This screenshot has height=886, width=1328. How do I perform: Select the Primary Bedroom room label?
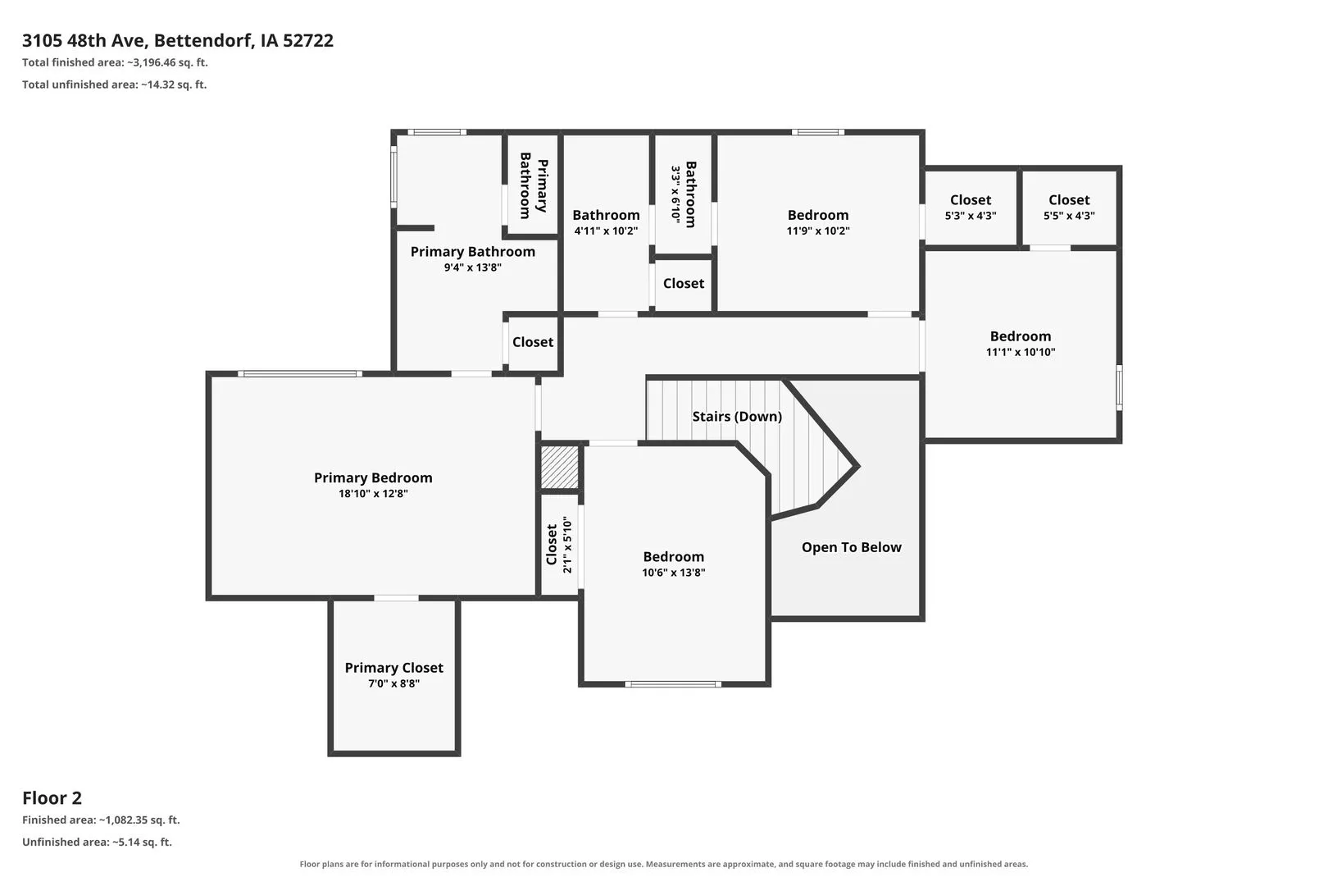click(x=373, y=477)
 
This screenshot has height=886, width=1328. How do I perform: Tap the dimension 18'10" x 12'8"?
click(x=373, y=494)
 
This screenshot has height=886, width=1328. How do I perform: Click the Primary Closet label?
click(x=393, y=668)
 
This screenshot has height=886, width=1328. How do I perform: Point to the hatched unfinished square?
click(x=559, y=467)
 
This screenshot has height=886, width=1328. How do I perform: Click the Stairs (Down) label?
click(x=737, y=417)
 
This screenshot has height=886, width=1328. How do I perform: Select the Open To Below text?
click(x=852, y=547)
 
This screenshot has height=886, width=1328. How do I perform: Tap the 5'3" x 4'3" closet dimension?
click(x=971, y=216)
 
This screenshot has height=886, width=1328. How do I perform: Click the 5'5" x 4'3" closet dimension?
click(x=1069, y=216)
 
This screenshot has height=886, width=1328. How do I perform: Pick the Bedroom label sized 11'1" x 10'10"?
click(x=1021, y=336)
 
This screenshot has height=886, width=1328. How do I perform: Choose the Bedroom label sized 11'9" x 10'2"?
click(x=817, y=215)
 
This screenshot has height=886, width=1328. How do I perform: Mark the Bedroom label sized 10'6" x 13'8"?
click(x=674, y=557)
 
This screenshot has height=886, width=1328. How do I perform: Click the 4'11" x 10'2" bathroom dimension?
click(x=606, y=231)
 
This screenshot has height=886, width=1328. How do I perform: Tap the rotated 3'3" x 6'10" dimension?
click(x=675, y=194)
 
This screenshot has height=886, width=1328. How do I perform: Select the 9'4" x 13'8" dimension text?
click(x=472, y=267)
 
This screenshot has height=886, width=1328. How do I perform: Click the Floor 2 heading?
click(x=52, y=798)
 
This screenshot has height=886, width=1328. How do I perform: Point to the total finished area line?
click(x=115, y=62)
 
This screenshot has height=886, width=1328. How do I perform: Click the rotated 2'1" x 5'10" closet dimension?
click(x=567, y=545)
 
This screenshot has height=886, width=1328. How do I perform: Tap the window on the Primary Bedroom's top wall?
click(x=300, y=374)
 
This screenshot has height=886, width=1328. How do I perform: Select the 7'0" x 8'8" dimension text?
click(x=393, y=683)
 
